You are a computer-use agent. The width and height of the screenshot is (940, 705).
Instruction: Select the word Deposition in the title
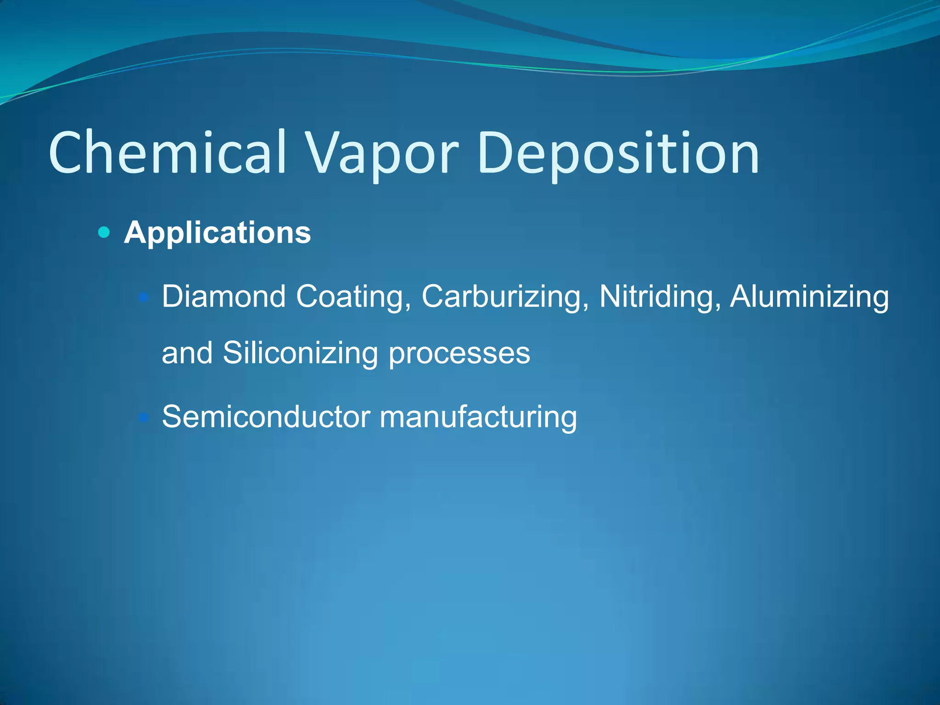(618, 154)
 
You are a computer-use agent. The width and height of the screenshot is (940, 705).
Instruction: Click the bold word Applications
(218, 233)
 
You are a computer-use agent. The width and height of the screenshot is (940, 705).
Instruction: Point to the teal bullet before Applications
(104, 232)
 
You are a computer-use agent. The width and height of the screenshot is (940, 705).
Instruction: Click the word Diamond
(224, 297)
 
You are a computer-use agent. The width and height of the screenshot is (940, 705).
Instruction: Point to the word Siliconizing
(300, 354)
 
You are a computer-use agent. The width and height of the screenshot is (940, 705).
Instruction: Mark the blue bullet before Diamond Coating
(144, 298)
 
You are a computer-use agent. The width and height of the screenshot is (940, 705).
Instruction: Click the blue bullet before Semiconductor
(144, 418)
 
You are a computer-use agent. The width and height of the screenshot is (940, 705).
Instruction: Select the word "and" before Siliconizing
(187, 353)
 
